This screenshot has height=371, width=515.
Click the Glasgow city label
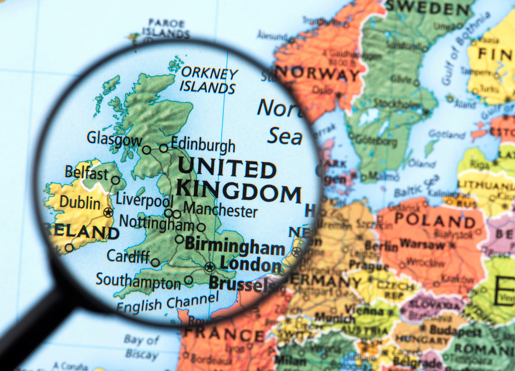[x=114, y=139]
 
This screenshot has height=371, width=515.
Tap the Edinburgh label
[x=203, y=145]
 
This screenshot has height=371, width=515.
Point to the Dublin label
[x=80, y=203]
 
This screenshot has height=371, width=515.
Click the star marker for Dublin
[x=108, y=213]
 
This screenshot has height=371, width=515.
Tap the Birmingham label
[x=235, y=246]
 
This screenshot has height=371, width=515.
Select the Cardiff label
[x=128, y=256]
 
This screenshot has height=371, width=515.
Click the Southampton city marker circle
[x=189, y=280]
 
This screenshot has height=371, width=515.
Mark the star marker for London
[x=210, y=267]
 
